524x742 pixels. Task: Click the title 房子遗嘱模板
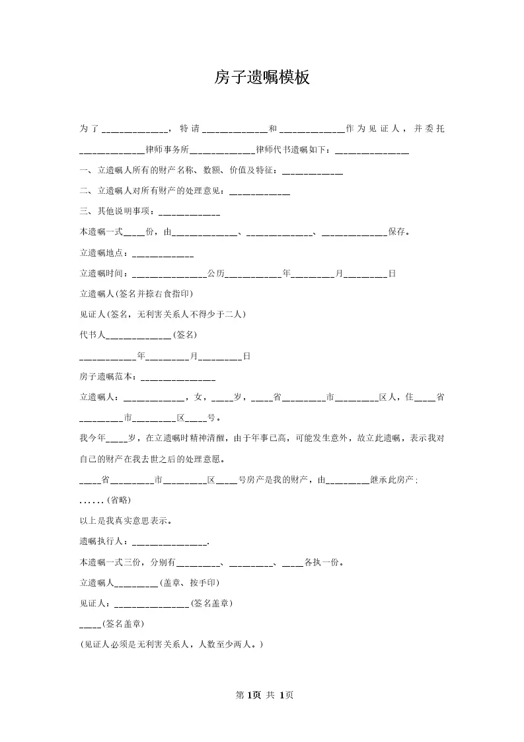coord(262,78)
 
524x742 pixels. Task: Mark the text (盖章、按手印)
coord(190,583)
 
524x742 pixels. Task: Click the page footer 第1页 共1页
coord(264,695)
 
